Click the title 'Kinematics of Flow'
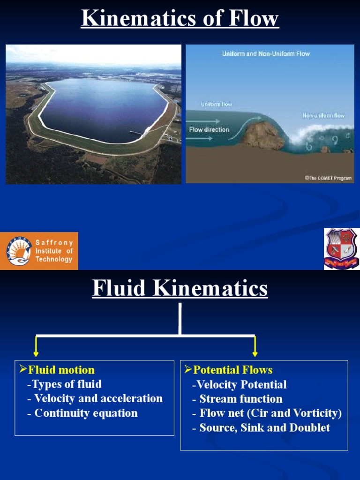tap(180, 19)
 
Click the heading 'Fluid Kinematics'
tap(180, 288)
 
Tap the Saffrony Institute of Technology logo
tap(39, 251)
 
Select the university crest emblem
tap(341, 248)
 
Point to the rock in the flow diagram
tap(262, 135)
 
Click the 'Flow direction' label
tap(209, 129)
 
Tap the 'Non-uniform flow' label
tap(323, 115)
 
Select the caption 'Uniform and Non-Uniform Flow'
tap(266, 54)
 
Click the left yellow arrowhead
tap(36, 352)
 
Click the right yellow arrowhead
tap(255, 352)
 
